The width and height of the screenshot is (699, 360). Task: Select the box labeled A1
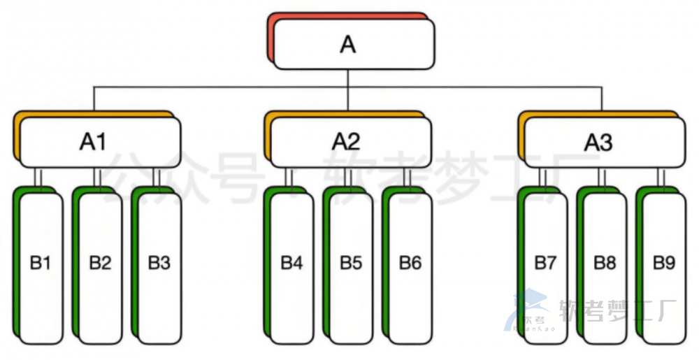coord(100,142)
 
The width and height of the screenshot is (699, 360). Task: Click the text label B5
coord(351,264)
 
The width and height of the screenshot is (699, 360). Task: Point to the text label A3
coord(598,142)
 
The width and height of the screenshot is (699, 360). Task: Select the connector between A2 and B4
coord(289,178)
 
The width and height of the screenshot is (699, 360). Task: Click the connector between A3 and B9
coord(661,178)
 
